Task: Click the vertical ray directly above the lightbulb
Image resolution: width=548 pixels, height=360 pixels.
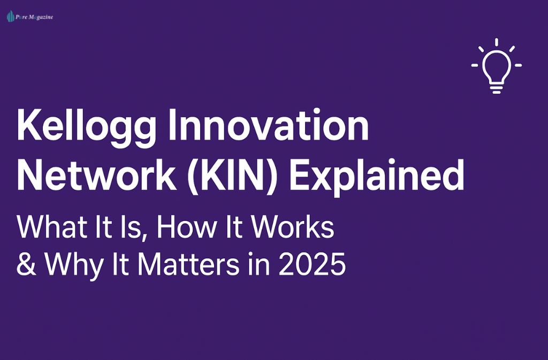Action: pos(497,42)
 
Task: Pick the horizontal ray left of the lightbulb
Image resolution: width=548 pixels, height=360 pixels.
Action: pos(475,66)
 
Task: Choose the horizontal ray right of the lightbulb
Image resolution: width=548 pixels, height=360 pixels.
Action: pos(518,66)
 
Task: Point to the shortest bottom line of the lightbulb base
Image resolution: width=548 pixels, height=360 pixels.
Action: pos(497,92)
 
